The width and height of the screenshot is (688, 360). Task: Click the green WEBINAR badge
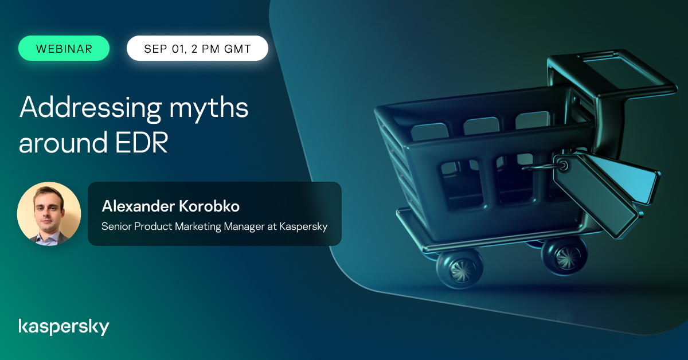pos(64,48)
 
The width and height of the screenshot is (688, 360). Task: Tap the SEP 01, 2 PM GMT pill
pos(197,48)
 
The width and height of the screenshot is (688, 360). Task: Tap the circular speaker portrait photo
pos(49,214)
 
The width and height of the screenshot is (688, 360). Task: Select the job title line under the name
pos(214,226)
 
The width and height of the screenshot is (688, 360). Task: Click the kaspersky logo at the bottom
pos(64,327)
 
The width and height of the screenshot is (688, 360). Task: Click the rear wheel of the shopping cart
pos(564,252)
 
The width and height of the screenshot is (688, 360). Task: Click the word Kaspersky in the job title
pos(303,226)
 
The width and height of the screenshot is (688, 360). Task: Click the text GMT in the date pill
pos(237,49)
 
